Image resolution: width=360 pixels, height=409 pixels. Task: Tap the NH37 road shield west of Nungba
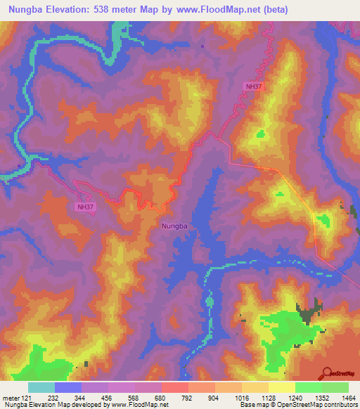pos(85,207)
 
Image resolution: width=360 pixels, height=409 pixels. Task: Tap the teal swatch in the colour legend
pos(41,388)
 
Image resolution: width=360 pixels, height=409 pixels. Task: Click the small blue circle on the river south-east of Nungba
pos(210,301)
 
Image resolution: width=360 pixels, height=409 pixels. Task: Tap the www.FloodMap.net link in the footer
pos(134,405)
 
